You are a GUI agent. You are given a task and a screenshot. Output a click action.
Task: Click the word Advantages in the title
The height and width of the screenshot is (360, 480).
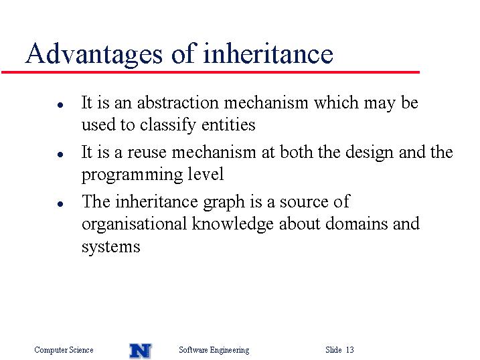94,54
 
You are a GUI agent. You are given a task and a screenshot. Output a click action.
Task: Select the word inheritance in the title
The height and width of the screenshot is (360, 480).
268,53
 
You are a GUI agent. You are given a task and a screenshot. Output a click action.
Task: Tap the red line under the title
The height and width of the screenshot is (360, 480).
210,72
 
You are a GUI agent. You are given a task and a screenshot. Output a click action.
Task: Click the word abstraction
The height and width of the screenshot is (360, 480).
177,102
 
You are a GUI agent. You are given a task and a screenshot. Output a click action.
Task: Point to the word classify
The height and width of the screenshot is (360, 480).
168,125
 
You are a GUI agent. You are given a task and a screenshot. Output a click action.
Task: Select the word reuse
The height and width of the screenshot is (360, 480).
147,153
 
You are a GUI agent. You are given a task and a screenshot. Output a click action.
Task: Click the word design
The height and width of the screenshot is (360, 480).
369,153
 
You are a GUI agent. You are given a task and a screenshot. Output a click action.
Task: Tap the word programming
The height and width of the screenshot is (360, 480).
132,175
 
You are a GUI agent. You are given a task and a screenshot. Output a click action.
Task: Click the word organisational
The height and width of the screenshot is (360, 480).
134,224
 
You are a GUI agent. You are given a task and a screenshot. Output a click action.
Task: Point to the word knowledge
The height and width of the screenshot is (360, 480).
233,223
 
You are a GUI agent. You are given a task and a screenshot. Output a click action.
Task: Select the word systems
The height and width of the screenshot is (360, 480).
111,247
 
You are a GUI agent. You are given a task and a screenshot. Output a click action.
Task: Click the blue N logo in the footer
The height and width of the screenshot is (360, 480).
140,351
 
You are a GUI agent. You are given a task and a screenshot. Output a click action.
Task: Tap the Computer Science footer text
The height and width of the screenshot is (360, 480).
64,350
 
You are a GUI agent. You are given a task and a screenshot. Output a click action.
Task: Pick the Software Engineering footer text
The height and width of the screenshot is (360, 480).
214,350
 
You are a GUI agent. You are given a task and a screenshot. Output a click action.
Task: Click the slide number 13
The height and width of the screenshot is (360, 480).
350,349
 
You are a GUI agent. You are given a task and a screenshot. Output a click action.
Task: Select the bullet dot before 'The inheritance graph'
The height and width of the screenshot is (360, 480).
60,203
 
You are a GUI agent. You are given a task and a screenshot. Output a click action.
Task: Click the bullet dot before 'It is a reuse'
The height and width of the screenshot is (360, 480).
60,154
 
